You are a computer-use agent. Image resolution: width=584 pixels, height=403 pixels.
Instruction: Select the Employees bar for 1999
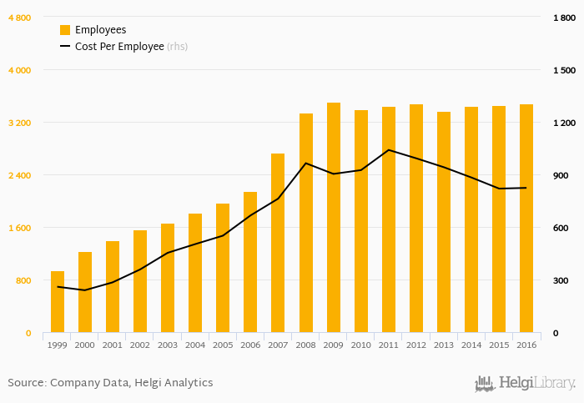(x=58, y=302)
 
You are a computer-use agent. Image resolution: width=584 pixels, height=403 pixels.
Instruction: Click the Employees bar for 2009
(x=333, y=218)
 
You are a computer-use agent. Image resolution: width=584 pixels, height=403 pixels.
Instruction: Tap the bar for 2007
(x=278, y=243)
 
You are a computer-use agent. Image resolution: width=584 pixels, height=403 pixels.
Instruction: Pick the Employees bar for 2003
(x=168, y=278)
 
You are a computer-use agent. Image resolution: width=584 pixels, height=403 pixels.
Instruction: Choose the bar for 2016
(x=526, y=219)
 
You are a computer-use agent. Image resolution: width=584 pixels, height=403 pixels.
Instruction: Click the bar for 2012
(x=416, y=219)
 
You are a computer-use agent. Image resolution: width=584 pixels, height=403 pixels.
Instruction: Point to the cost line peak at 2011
(x=389, y=150)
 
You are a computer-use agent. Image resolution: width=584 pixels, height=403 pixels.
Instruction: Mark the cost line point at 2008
(x=306, y=164)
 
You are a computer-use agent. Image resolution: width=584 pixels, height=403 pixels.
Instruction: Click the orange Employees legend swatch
(x=65, y=30)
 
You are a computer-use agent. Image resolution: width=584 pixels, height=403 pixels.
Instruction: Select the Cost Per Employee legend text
(x=119, y=47)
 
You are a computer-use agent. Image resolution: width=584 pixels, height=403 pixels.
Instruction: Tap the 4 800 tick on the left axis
(x=19, y=18)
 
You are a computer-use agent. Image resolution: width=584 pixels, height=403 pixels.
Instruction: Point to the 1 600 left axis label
(x=19, y=228)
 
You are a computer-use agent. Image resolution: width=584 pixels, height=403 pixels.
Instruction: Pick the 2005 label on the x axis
(x=223, y=345)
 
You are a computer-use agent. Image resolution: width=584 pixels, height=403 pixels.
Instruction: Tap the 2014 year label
(x=471, y=345)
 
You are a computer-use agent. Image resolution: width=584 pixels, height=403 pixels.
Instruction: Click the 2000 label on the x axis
(x=85, y=345)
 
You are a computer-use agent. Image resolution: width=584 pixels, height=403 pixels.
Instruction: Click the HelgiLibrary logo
(x=525, y=383)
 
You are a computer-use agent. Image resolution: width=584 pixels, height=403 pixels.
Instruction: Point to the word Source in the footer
(x=26, y=383)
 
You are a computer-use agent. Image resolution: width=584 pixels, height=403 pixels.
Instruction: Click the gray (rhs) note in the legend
(x=177, y=47)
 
